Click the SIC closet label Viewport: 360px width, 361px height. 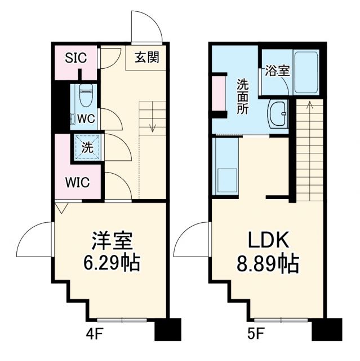[x=76, y=58]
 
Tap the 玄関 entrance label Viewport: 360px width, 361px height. [x=146, y=57]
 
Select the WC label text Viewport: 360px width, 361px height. [x=86, y=119]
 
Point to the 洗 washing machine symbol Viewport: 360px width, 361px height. [x=87, y=148]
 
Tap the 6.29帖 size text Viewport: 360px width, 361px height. [x=112, y=262]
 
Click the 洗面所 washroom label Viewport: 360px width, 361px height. [x=242, y=96]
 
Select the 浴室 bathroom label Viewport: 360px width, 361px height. [x=278, y=71]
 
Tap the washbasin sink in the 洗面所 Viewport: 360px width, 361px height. [x=278, y=115]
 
